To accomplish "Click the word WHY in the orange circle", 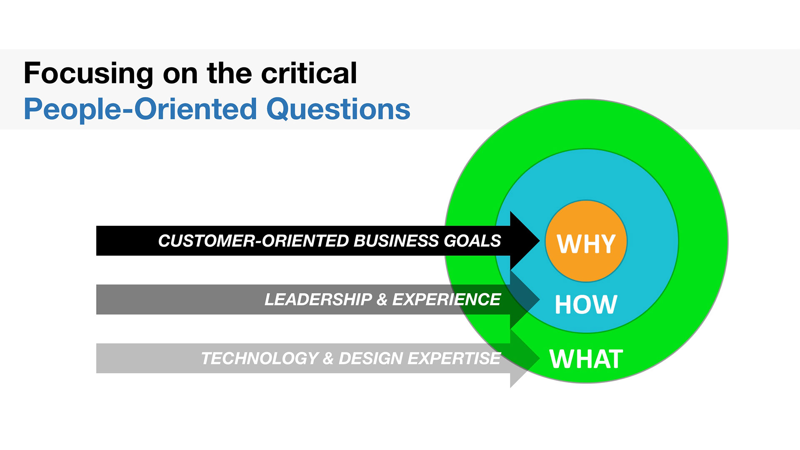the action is pyautogui.click(x=586, y=244).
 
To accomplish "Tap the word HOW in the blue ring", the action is pyautogui.click(x=586, y=305).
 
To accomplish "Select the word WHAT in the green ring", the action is pyautogui.click(x=586, y=359).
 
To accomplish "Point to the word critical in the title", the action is pyautogui.click(x=309, y=73).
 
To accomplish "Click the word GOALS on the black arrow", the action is pyautogui.click(x=472, y=241).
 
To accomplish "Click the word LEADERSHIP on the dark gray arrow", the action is pyautogui.click(x=318, y=300).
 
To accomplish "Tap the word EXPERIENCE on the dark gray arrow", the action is pyautogui.click(x=446, y=300).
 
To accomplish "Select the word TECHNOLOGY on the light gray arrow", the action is pyautogui.click(x=260, y=358).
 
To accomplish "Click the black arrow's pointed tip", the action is pyautogui.click(x=539, y=241).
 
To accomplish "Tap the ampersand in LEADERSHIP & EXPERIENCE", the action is pyautogui.click(x=382, y=300).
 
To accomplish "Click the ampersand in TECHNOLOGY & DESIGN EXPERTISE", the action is pyautogui.click(x=328, y=358).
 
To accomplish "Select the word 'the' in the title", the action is pyautogui.click(x=229, y=73).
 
